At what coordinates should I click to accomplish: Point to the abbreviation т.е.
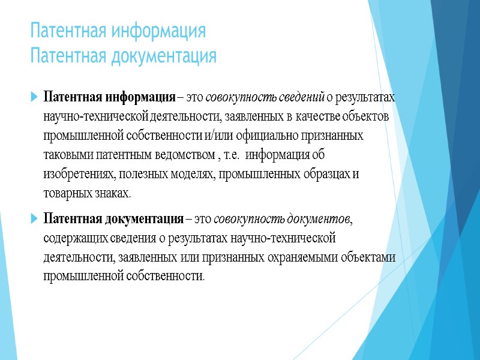pyautogui.click(x=230, y=155)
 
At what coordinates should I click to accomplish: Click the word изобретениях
pyautogui.click(x=77, y=175)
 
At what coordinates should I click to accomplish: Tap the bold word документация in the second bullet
pyautogui.click(x=150, y=218)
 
